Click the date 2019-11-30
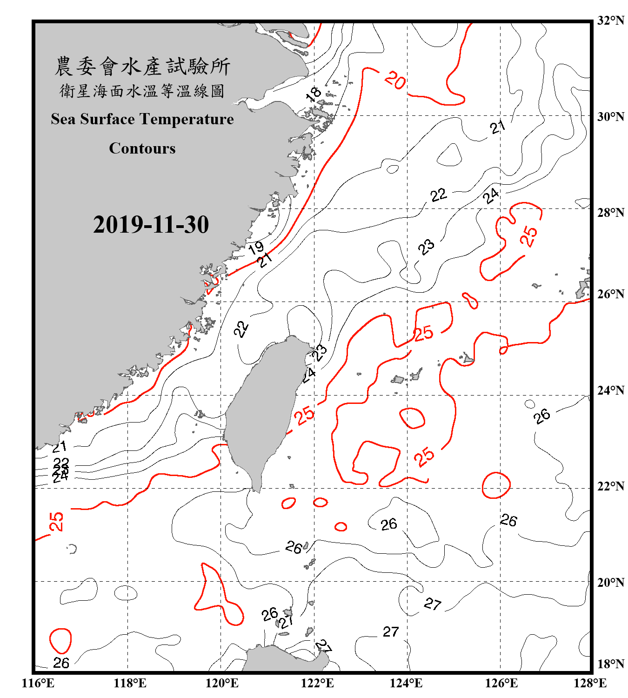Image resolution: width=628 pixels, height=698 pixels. click(x=151, y=225)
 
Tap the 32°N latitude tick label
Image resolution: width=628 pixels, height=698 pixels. click(x=610, y=20)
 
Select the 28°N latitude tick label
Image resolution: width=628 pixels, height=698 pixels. click(x=610, y=213)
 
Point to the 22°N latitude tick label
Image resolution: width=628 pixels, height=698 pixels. click(x=610, y=486)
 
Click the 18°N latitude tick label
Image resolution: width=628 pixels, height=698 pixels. click(x=610, y=664)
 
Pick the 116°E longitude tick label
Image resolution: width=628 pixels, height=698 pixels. click(x=38, y=683)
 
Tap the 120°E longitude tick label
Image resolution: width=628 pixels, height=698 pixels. click(x=222, y=683)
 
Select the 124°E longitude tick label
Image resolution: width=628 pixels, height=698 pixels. click(x=406, y=683)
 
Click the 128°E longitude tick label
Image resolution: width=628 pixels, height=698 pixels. click(x=590, y=683)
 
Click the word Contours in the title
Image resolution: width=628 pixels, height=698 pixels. click(x=142, y=148)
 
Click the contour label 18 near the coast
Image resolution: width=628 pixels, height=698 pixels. click(x=314, y=94)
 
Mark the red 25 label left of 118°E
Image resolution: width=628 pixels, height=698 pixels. click(x=56, y=521)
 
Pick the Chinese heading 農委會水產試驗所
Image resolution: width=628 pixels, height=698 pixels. click(x=142, y=67)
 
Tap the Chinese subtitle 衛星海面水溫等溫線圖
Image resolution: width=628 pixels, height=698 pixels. click(x=142, y=91)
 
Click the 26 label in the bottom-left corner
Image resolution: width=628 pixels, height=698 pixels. click(x=61, y=663)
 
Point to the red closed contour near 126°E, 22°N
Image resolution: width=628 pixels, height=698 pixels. click(x=496, y=485)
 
